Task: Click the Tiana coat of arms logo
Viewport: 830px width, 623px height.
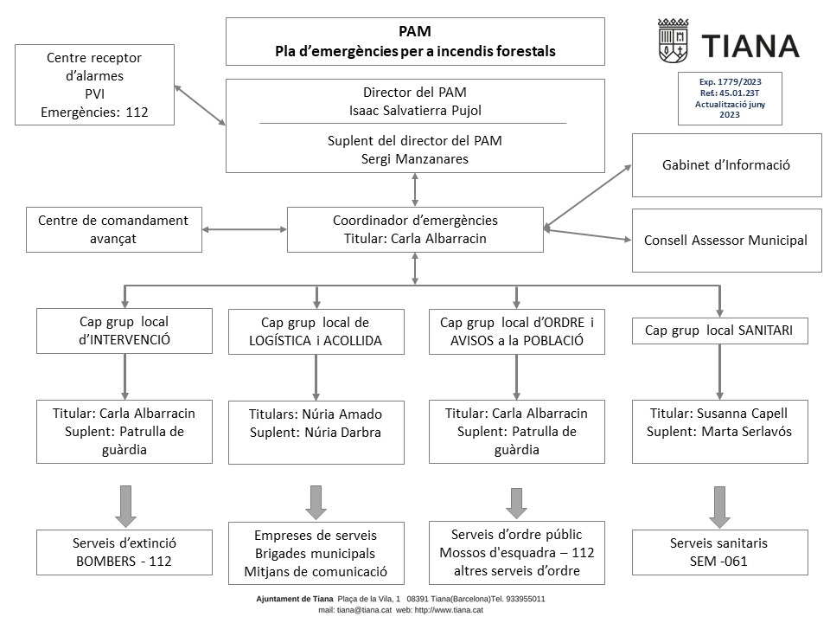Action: tap(673, 41)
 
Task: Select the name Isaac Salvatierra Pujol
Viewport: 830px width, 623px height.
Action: tap(415, 111)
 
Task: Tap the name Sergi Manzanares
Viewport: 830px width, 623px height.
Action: tap(415, 159)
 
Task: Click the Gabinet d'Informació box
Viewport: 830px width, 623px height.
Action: tap(727, 165)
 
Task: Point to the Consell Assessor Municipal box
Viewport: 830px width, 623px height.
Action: tap(727, 241)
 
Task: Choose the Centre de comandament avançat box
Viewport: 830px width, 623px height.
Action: tap(114, 229)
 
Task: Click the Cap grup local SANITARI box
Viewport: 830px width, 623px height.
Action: tap(720, 331)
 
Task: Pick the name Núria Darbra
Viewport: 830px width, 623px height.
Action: tap(342, 433)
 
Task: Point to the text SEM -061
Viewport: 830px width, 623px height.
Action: tap(718, 561)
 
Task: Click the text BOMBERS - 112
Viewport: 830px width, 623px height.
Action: tap(124, 561)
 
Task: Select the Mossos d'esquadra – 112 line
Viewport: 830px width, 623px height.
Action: tap(517, 553)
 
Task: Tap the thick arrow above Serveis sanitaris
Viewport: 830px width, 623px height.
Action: tap(719, 507)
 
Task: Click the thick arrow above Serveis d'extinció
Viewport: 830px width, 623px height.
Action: tap(125, 506)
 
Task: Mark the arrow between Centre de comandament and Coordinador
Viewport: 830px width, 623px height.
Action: tap(245, 229)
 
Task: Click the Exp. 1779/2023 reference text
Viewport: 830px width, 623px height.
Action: tap(730, 81)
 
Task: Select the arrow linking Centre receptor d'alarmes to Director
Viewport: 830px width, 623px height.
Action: tap(200, 105)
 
